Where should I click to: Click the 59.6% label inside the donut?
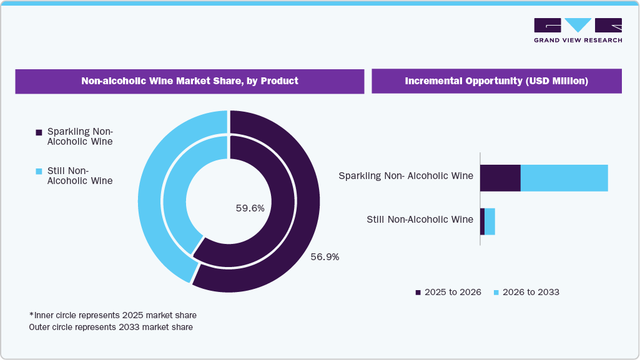click(250, 208)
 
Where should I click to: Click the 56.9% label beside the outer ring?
click(325, 256)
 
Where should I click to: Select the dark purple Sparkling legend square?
click(39, 132)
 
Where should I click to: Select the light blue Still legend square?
click(39, 172)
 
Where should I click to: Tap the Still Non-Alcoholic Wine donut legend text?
click(80, 176)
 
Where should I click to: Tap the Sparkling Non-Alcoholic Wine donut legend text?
click(80, 137)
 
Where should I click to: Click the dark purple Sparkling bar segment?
click(500, 178)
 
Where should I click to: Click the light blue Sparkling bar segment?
click(564, 178)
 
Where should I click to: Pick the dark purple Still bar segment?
click(482, 221)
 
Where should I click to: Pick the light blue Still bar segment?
click(490, 221)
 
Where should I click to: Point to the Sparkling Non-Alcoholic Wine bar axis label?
click(405, 176)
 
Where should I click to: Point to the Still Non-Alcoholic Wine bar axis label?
click(420, 219)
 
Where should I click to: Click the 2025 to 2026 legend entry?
click(448, 292)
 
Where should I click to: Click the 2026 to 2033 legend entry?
click(526, 292)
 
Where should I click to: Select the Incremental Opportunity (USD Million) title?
click(496, 81)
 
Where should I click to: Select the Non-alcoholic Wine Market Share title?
click(190, 81)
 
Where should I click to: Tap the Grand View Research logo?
click(578, 31)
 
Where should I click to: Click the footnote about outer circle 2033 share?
click(111, 327)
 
